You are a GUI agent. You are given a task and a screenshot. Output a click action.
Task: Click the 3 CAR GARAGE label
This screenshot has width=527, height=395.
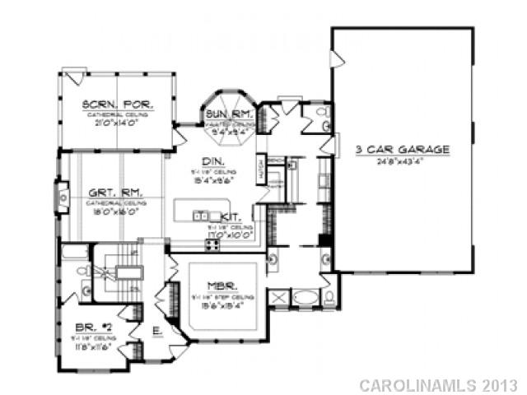tap(403, 150)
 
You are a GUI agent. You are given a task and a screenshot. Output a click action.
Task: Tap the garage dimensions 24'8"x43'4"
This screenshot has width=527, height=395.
tap(403, 161)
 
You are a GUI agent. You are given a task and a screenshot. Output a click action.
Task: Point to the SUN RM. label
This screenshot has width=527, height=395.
tap(222, 113)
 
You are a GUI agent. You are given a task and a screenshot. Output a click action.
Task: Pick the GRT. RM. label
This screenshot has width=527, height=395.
tap(117, 193)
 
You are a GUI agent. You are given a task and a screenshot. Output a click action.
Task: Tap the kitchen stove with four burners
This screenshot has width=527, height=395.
tap(213, 243)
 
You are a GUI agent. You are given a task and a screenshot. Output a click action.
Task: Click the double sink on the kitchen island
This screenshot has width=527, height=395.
tap(199, 216)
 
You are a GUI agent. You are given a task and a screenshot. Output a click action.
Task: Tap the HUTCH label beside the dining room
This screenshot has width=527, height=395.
tap(260, 168)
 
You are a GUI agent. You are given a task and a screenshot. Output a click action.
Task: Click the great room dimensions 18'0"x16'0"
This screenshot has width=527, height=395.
tap(117, 210)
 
